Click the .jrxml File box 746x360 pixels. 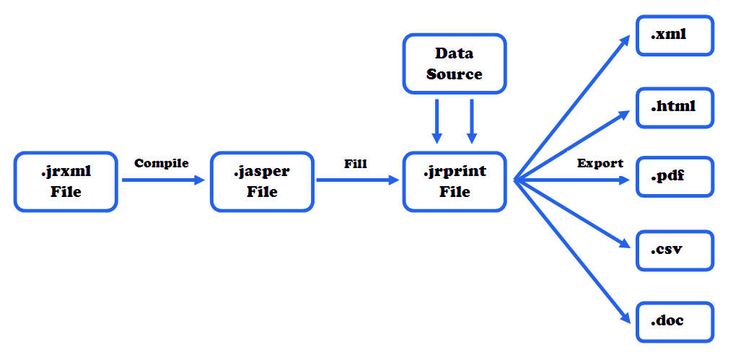tap(66, 182)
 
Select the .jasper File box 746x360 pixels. tap(262, 182)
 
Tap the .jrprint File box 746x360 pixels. tap(455, 182)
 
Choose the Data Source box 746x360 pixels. tap(455, 63)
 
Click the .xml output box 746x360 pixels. tap(675, 35)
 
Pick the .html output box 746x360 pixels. tap(675, 107)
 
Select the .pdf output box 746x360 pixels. tap(675, 177)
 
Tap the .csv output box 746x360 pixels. tap(675, 250)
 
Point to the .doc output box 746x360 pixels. tap(675, 321)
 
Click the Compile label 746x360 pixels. tap(162, 163)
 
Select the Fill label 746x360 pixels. tap(356, 164)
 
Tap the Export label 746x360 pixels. tap(600, 163)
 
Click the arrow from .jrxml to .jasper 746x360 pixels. tap(163, 180)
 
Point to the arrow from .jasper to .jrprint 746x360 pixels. tap(357, 180)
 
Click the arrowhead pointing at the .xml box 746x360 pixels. tap(625, 41)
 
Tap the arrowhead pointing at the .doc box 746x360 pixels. tap(625, 317)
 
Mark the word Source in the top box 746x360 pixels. tap(455, 74)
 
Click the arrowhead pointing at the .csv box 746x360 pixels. tap(624, 245)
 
